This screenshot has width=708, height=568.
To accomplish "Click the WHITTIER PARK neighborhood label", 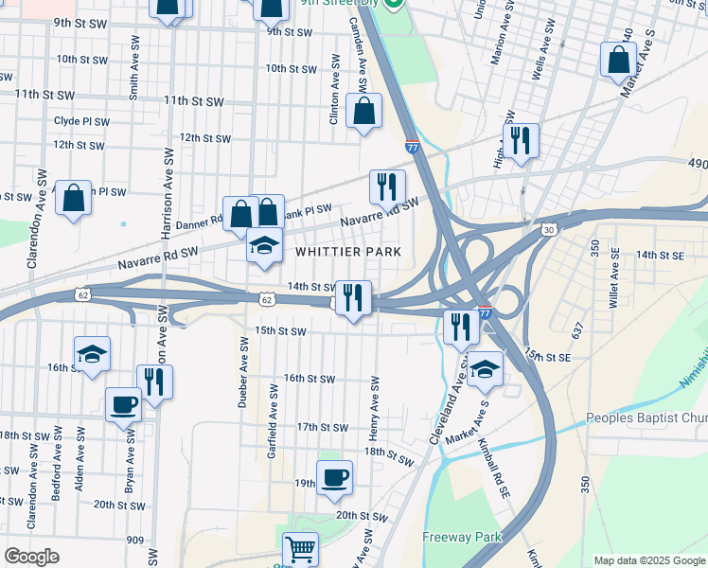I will (347, 253).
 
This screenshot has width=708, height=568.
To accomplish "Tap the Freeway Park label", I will (460, 537).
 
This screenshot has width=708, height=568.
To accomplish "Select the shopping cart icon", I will (300, 547).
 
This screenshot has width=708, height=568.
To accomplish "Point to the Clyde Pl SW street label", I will (81, 121).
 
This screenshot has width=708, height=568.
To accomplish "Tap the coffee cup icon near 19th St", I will (333, 477).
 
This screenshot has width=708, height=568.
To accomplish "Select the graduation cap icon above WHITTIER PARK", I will (265, 246).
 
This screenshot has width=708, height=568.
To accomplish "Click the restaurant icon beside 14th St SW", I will (353, 297).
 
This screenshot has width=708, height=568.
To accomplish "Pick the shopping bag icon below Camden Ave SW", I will (363, 111).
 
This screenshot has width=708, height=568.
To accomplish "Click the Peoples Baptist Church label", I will (646, 417).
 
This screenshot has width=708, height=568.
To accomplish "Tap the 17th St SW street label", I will (318, 427).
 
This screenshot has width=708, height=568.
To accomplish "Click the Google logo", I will (31, 557).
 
